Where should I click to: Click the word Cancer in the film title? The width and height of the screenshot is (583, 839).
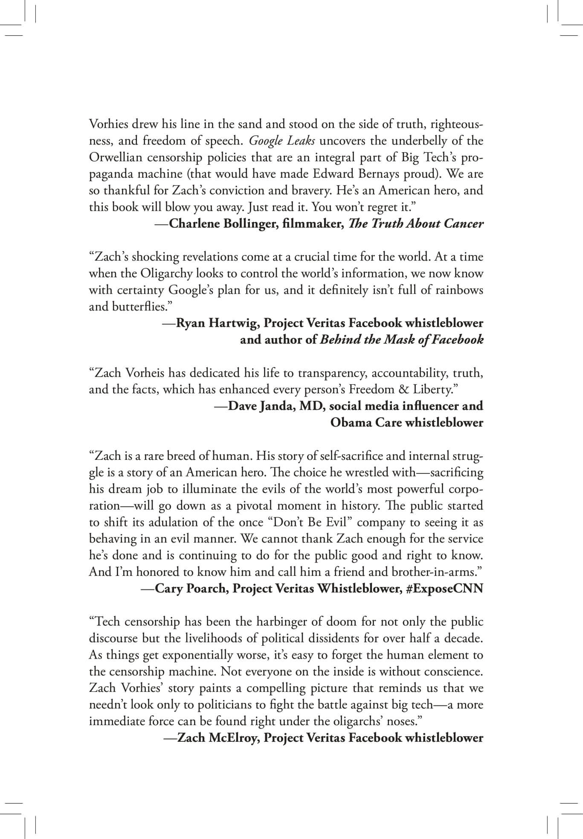click(x=463, y=224)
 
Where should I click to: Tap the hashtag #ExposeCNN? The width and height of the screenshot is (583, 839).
click(x=445, y=589)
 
